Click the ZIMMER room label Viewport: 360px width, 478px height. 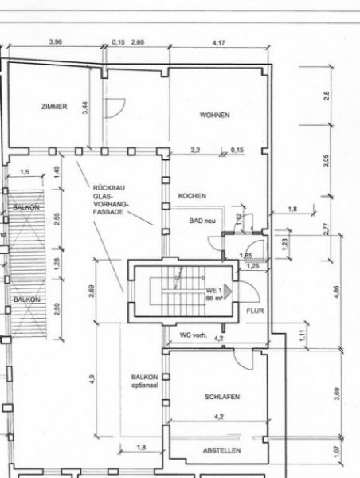coord(53,107)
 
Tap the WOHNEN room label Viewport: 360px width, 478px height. coord(214,115)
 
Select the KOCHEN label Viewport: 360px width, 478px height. coord(194,195)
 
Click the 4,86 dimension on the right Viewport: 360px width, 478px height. coord(335,292)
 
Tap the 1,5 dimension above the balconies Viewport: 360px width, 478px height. coord(24,172)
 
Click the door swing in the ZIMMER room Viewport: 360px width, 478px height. coord(116,106)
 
